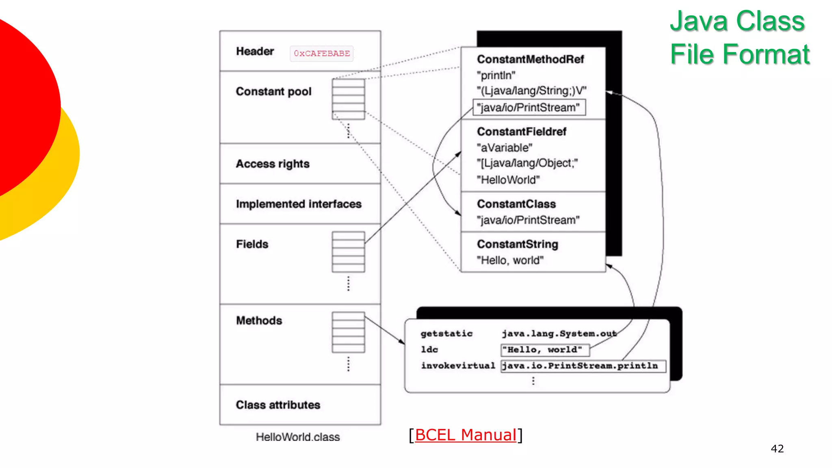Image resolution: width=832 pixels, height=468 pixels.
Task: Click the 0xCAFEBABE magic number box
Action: coord(321,54)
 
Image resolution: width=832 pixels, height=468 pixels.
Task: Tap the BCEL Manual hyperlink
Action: coord(466,435)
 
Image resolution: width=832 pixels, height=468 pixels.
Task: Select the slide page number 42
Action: coord(777,448)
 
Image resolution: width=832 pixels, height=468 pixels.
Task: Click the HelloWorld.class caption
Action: coord(297,437)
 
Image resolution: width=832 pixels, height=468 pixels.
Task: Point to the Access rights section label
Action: coord(273,164)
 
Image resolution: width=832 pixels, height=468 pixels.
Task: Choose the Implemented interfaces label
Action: coord(299,204)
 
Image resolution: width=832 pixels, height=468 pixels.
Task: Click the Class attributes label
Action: coord(278,405)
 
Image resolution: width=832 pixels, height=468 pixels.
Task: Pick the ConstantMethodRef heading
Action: coord(530,59)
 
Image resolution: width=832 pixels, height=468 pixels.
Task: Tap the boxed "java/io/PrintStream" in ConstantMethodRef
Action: coord(529,108)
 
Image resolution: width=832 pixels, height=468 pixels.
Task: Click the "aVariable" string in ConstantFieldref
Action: coord(504,148)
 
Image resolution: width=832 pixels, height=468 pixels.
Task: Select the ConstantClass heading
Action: coord(516,204)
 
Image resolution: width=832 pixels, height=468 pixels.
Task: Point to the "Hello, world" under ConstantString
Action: coord(510,260)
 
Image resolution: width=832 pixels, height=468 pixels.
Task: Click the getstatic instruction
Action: coord(446,334)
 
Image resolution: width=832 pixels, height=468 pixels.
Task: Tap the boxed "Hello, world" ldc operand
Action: coord(544,350)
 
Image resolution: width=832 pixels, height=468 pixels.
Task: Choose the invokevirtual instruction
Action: coord(458,366)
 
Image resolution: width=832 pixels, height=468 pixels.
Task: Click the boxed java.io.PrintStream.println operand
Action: coord(583,366)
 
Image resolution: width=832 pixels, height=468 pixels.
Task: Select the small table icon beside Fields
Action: coord(348,252)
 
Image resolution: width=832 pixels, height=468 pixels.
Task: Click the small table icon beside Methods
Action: coord(348,332)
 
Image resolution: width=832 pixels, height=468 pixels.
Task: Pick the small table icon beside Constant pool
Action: coord(348,99)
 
